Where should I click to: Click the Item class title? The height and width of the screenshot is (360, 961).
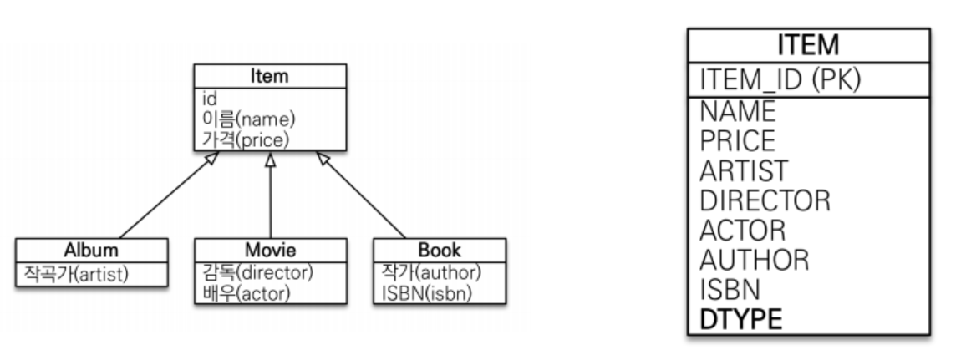click(x=269, y=77)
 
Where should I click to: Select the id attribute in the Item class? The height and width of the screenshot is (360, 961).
click(x=210, y=99)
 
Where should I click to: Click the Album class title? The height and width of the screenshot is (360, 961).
click(x=91, y=249)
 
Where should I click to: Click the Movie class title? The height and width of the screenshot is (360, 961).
click(x=269, y=249)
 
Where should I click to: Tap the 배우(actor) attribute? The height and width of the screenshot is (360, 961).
click(x=244, y=293)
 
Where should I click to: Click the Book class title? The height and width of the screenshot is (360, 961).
click(x=440, y=249)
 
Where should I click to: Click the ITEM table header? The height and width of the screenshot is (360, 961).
click(x=807, y=45)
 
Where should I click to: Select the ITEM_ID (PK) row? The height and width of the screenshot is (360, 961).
click(x=780, y=80)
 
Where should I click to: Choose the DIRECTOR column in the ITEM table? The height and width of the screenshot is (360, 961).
click(x=765, y=200)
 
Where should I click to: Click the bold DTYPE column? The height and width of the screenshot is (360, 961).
click(x=741, y=318)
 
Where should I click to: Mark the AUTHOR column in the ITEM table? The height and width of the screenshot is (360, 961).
click(x=754, y=259)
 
